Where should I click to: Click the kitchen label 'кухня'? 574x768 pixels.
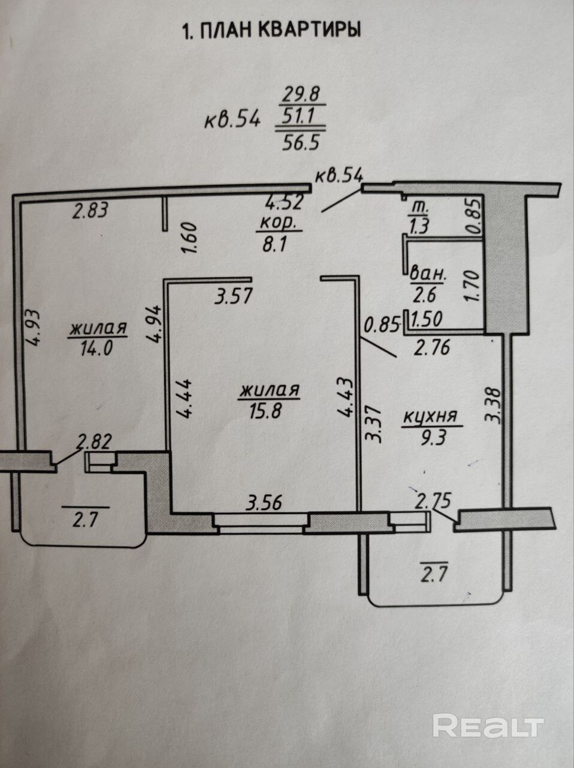pos(430,416)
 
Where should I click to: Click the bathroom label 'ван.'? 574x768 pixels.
pos(428,276)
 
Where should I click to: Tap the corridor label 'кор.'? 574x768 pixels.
pos(278,223)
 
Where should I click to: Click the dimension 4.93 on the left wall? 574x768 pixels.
pos(34,326)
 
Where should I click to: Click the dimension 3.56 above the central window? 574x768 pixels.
pos(265,503)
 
